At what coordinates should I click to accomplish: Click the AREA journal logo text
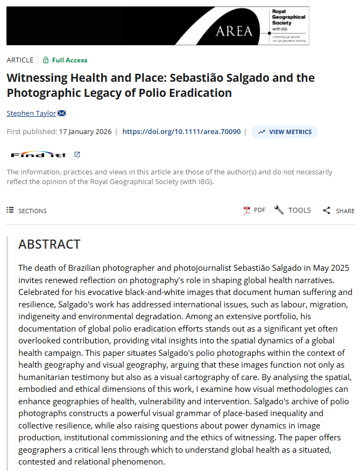pos(234,31)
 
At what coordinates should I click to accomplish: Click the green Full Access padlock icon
pos(46,60)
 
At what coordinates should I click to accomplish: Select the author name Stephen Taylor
pos(31,113)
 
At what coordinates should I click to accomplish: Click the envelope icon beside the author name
pos(62,113)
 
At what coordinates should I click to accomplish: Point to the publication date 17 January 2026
pos(84,131)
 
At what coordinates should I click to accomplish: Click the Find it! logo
pos(39,155)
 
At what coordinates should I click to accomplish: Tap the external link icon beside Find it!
pos(77,154)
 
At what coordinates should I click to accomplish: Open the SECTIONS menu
pos(27,210)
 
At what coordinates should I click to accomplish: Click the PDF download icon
pos(247,210)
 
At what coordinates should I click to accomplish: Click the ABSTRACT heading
pos(49,244)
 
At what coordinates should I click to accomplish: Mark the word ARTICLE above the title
pos(20,60)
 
